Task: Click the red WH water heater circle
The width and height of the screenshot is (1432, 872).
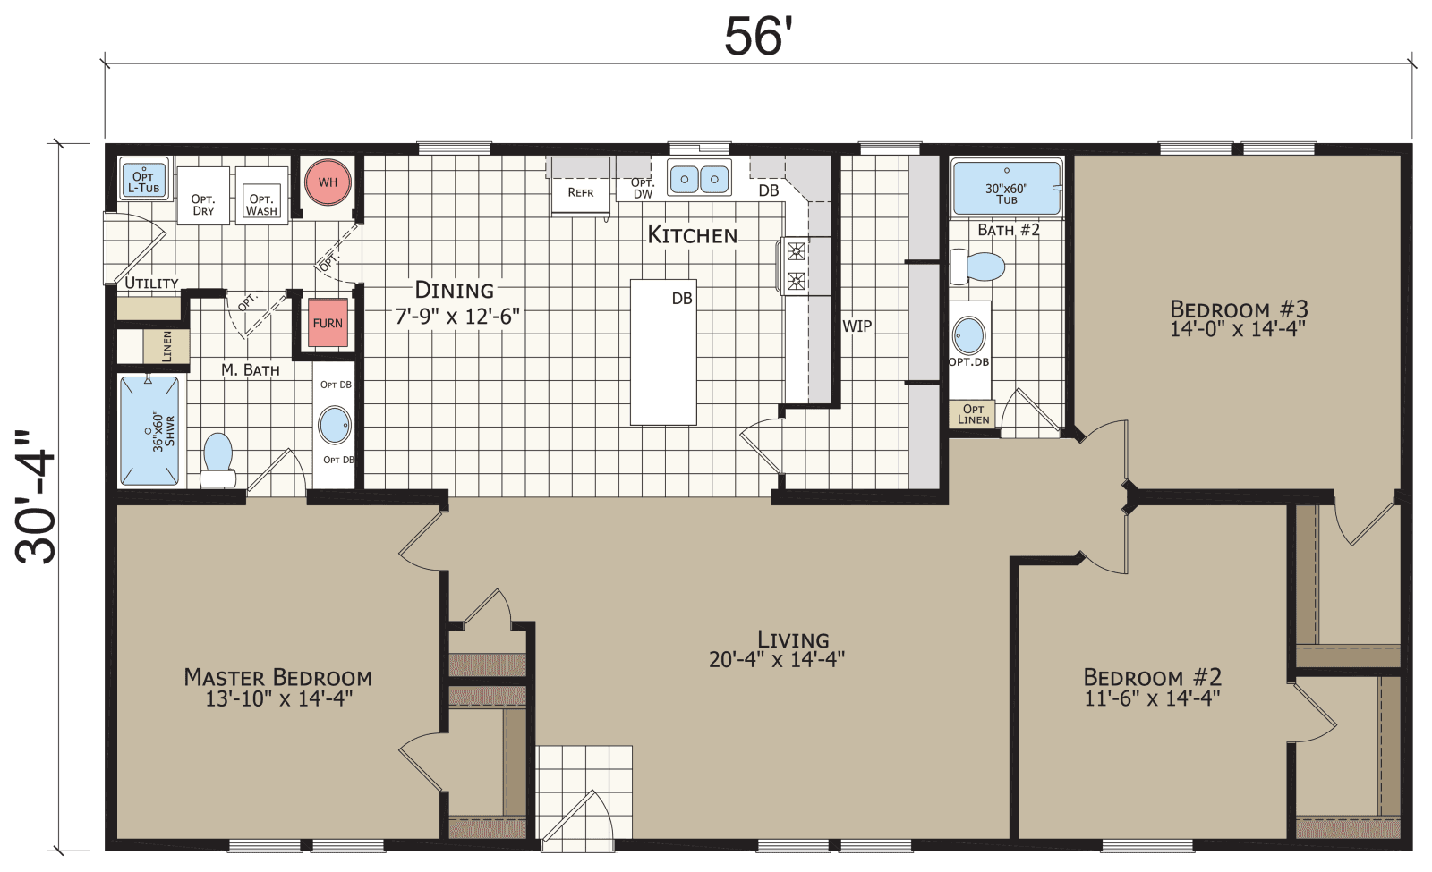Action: click(328, 182)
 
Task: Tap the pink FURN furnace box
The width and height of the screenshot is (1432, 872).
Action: click(328, 323)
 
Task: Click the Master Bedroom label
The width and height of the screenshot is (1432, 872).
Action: click(277, 677)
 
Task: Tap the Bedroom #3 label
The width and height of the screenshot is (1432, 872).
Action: click(1239, 309)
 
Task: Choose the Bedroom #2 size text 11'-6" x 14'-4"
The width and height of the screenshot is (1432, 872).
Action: click(1152, 698)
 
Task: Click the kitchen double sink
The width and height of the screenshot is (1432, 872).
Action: click(699, 179)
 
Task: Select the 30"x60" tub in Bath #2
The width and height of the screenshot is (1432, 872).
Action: click(1007, 189)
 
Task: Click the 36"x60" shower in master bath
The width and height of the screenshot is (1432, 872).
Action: click(149, 431)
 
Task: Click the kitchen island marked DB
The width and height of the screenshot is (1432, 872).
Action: click(663, 351)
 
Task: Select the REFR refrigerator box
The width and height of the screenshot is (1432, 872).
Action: click(580, 192)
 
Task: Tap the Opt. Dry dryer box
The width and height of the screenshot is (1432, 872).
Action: click(203, 204)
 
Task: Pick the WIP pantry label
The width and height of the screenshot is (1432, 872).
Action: click(857, 326)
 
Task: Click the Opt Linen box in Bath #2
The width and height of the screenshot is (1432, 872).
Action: click(973, 414)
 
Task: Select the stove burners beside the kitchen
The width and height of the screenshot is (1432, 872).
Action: click(796, 267)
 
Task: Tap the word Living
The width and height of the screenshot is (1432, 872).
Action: click(793, 639)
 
